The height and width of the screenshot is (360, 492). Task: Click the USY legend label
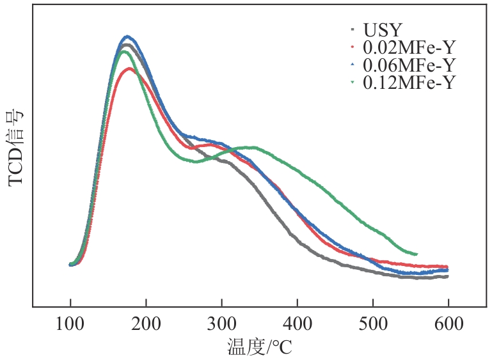pyautogui.click(x=383, y=30)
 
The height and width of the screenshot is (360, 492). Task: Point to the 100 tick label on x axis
pyautogui.click(x=70, y=324)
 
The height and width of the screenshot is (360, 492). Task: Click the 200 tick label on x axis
pyautogui.click(x=146, y=324)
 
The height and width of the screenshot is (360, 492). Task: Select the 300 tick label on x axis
pyautogui.click(x=221, y=324)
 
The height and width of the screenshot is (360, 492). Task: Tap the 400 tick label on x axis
pyautogui.click(x=297, y=324)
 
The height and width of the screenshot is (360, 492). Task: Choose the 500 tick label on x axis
pyautogui.click(x=372, y=324)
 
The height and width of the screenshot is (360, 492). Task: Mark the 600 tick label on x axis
pyautogui.click(x=448, y=324)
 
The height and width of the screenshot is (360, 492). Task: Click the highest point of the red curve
pyautogui.click(x=130, y=68)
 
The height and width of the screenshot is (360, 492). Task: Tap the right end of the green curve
pyautogui.click(x=417, y=254)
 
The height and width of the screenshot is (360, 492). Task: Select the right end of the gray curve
pyautogui.click(x=447, y=276)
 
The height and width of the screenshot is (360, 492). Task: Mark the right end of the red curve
pyautogui.click(x=447, y=267)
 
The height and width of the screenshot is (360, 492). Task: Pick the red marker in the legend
pyautogui.click(x=353, y=47)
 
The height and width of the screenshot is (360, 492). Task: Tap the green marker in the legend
pyautogui.click(x=353, y=82)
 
